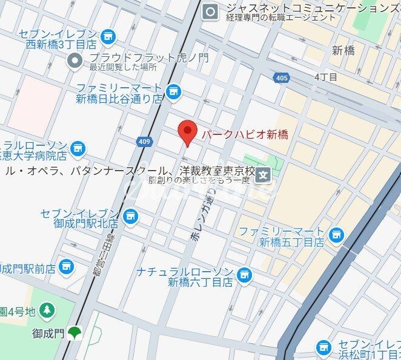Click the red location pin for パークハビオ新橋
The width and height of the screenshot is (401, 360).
(x=188, y=132)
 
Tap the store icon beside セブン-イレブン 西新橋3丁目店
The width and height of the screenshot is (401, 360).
(x=109, y=37)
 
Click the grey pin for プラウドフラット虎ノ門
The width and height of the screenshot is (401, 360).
(x=76, y=60)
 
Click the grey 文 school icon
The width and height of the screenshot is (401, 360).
(x=263, y=176)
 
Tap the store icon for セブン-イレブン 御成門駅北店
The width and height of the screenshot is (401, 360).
(x=130, y=216)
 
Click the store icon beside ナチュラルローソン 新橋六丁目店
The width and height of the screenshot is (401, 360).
(x=244, y=275)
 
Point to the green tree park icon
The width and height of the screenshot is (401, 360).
(x=47, y=311)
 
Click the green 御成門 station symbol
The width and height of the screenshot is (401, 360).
(x=75, y=332)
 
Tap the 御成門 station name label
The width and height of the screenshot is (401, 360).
(x=48, y=332)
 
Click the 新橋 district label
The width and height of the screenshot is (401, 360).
(x=344, y=51)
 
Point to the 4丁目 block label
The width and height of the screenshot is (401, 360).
(x=326, y=77)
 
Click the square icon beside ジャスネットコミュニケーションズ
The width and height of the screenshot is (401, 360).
(x=211, y=10)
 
